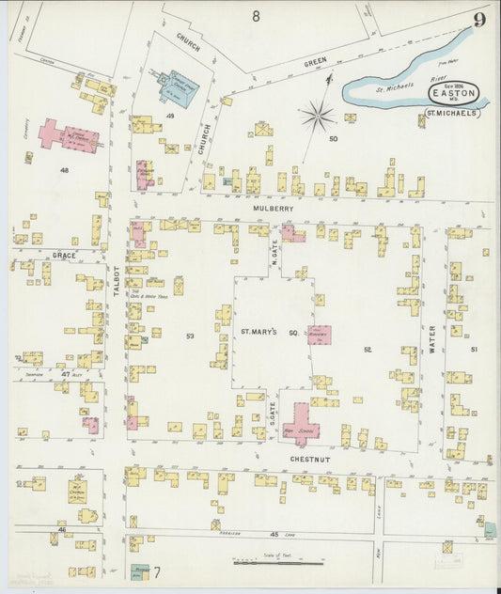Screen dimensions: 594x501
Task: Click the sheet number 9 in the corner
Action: click(x=479, y=20)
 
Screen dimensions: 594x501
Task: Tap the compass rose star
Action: click(x=319, y=117)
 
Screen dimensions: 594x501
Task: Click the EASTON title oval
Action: click(x=458, y=93)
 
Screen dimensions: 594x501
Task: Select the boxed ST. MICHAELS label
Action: click(x=452, y=113)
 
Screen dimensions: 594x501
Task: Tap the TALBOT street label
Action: click(x=118, y=281)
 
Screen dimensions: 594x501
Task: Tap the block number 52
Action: click(x=368, y=350)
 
